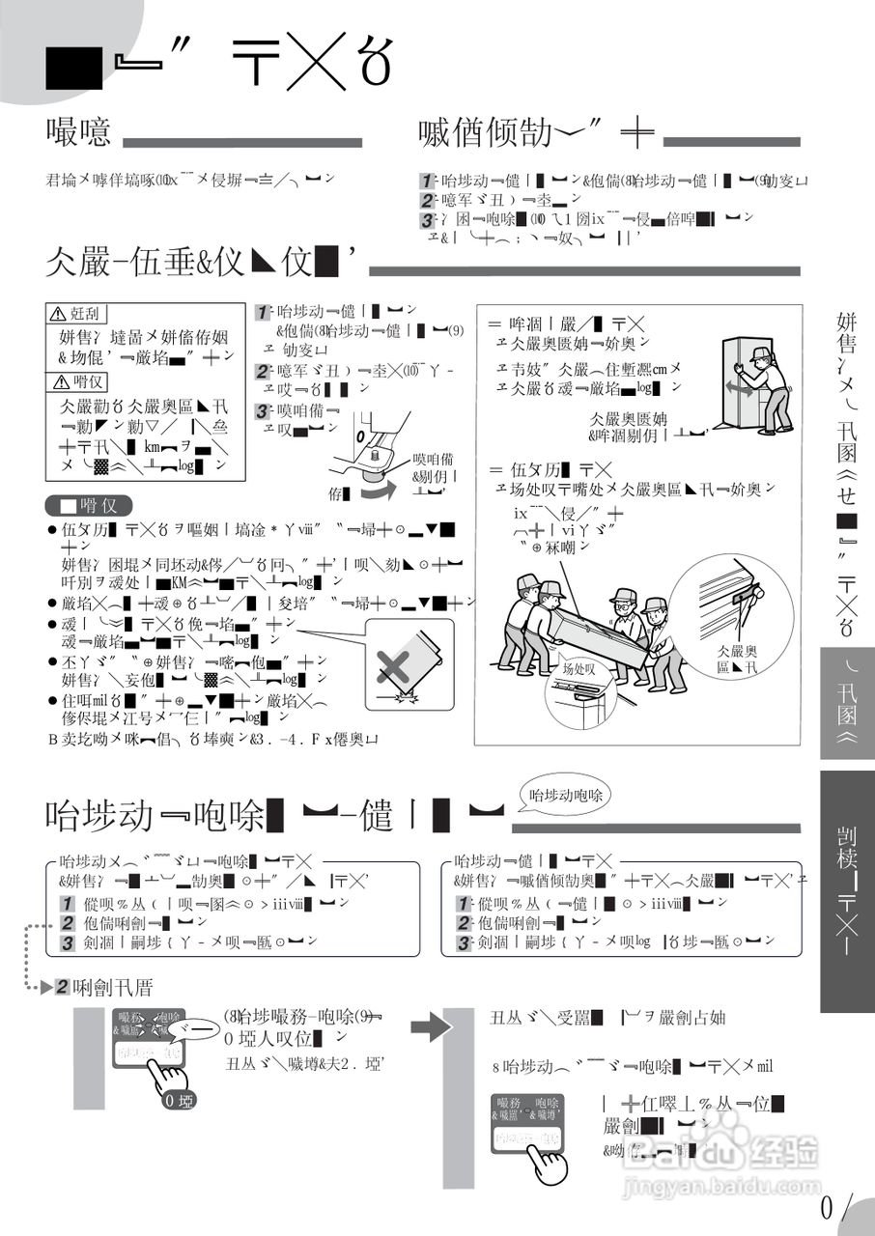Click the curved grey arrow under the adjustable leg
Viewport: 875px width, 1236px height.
(378, 491)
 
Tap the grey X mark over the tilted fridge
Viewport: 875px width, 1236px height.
(396, 665)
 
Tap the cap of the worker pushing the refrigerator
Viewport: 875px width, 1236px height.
(760, 353)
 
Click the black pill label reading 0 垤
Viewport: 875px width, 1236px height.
(179, 1099)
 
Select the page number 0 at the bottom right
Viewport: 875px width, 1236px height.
(829, 1207)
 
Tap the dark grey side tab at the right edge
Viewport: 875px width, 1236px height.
(847, 891)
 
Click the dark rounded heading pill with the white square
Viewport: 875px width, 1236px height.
(88, 505)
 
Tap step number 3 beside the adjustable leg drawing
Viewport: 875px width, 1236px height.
(263, 410)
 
